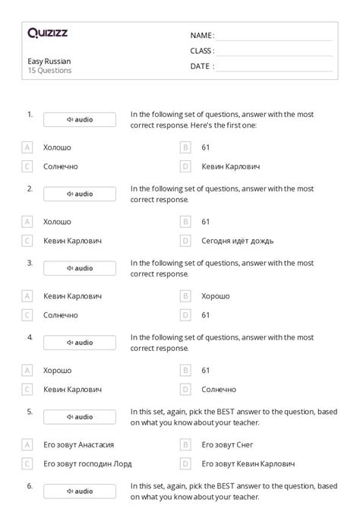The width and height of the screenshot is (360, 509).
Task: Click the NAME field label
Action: point(201,36)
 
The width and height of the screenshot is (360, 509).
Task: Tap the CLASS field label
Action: point(202,51)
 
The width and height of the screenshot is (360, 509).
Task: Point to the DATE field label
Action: point(201,66)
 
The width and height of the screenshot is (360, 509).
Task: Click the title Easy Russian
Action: point(49,61)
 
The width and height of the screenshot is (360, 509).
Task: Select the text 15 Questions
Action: point(49,71)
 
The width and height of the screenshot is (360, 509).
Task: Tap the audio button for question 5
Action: point(80,417)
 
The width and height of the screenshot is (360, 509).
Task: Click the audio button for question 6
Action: point(80,492)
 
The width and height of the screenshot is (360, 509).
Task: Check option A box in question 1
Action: point(27,147)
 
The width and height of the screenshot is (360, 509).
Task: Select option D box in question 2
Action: point(185,241)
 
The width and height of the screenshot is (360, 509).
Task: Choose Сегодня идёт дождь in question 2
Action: point(238,241)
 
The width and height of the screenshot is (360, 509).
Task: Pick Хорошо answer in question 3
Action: point(216,296)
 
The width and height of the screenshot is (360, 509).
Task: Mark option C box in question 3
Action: point(27,315)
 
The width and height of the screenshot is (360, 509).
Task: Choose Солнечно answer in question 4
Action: point(219,389)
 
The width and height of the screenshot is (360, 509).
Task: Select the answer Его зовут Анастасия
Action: point(84,444)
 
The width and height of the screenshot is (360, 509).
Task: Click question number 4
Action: point(30,336)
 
